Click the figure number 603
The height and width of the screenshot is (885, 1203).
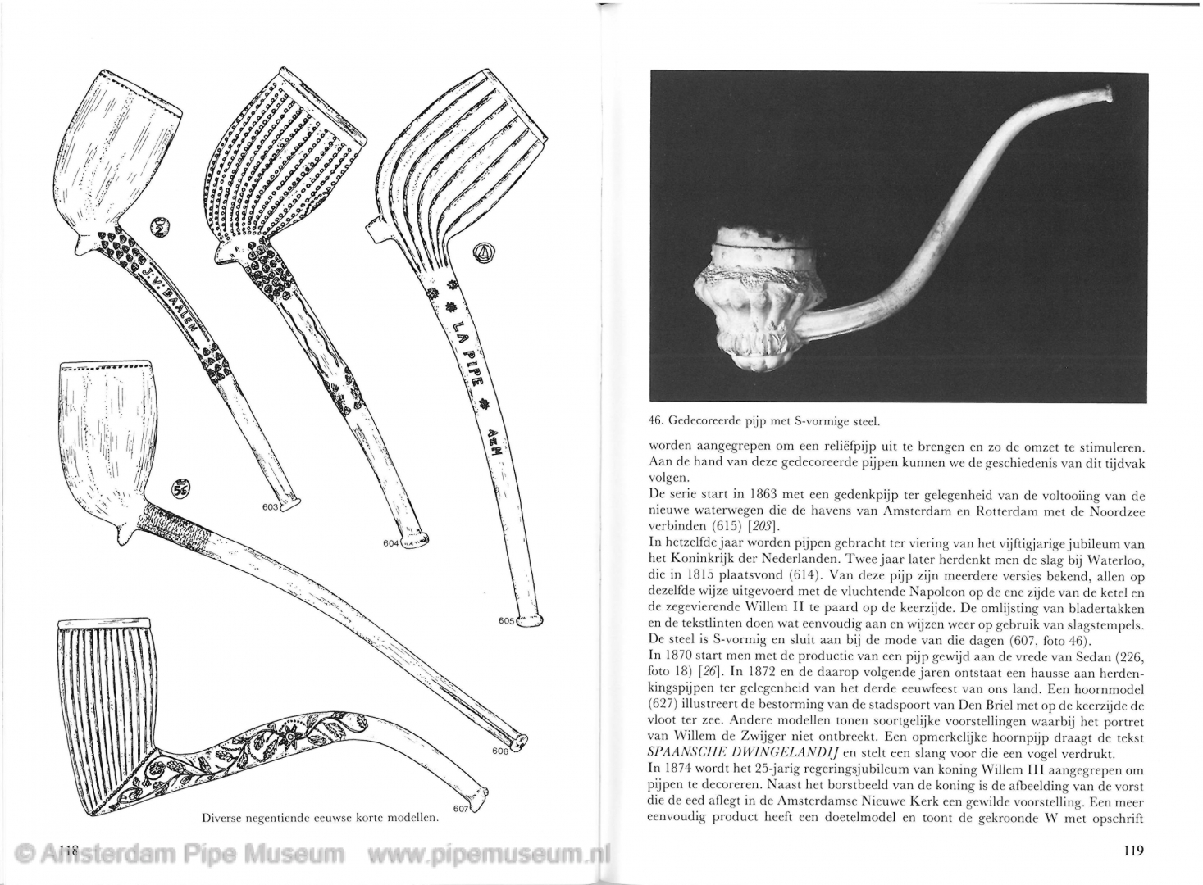click(x=271, y=507)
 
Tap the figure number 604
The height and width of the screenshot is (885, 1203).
click(x=391, y=542)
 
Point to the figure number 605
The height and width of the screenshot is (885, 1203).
click(x=506, y=621)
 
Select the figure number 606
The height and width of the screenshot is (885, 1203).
click(x=500, y=751)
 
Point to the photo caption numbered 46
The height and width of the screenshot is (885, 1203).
click(x=763, y=422)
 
